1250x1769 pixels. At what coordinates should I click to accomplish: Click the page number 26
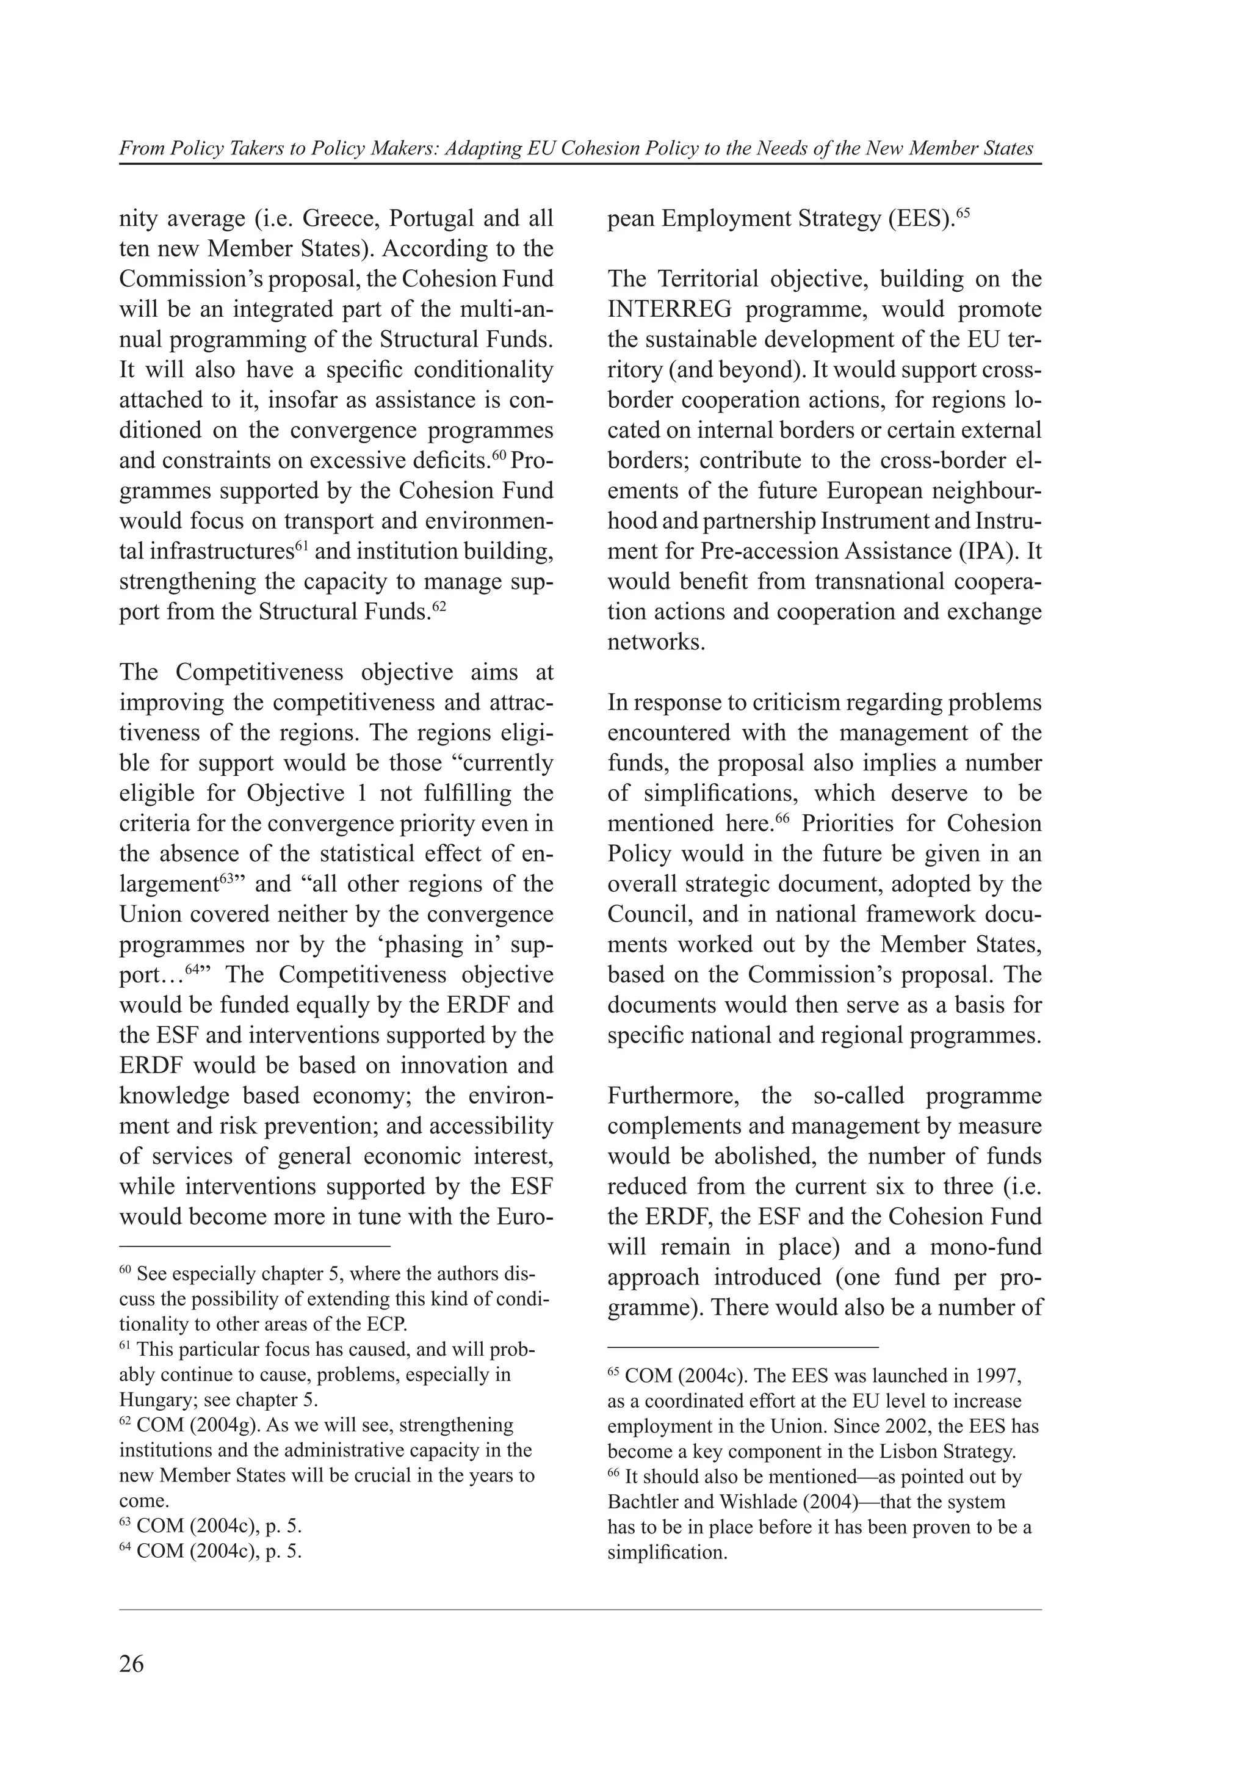click(132, 1663)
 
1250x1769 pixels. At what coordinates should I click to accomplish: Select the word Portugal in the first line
click(432, 219)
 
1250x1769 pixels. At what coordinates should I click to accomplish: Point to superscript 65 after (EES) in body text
click(962, 212)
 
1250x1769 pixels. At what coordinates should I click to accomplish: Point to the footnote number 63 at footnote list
click(126, 1522)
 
